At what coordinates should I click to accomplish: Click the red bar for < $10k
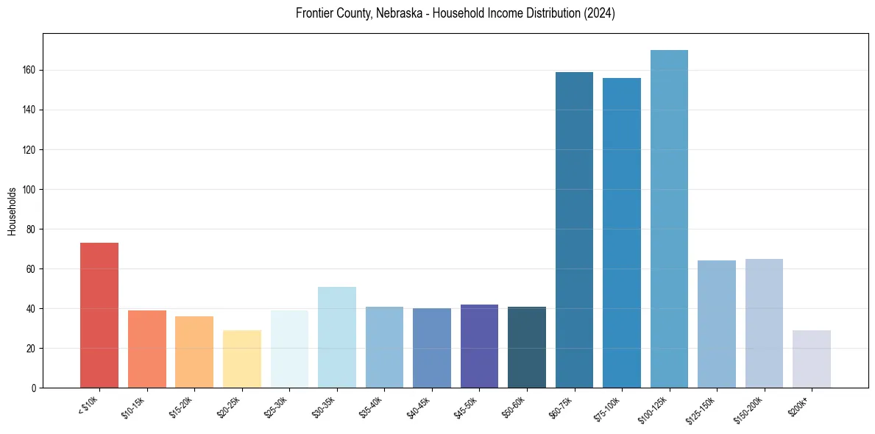pyautogui.click(x=99, y=315)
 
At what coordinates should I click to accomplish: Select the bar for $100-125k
pyautogui.click(x=669, y=218)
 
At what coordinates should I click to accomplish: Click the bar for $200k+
pyautogui.click(x=812, y=359)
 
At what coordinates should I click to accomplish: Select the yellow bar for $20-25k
pyautogui.click(x=242, y=359)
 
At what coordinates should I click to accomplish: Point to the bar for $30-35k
pyautogui.click(x=337, y=337)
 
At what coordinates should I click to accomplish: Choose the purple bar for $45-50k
pyautogui.click(x=479, y=346)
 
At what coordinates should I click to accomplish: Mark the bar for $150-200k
pyautogui.click(x=764, y=323)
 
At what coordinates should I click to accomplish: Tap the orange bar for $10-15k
pyautogui.click(x=147, y=349)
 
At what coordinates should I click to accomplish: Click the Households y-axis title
pyautogui.click(x=12, y=210)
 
